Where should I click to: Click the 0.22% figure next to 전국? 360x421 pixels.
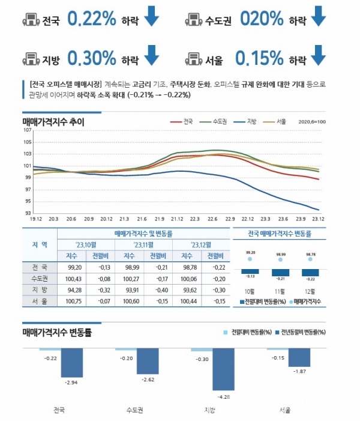[91, 19]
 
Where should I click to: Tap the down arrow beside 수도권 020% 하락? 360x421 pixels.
[319, 17]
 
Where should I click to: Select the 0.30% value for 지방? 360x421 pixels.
[91, 58]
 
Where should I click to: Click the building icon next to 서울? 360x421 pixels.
[194, 58]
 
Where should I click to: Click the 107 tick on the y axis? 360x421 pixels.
[28, 130]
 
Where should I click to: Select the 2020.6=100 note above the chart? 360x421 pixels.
[311, 122]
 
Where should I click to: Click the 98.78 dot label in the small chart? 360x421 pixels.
[310, 254]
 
